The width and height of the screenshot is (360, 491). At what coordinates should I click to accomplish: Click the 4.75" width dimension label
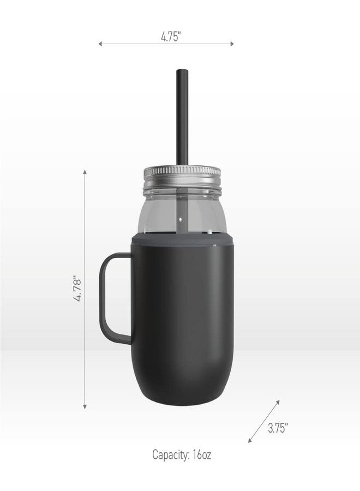coord(171,37)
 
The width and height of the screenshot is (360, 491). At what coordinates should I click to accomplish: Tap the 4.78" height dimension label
coord(77,289)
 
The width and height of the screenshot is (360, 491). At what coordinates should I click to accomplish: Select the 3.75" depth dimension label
coord(278,428)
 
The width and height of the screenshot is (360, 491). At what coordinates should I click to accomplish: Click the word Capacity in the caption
coord(171,454)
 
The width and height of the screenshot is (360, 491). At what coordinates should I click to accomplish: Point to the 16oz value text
coord(202,454)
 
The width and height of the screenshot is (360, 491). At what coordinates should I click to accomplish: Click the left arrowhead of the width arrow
coord(100,44)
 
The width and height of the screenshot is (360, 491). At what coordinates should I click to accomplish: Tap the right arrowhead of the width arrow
coord(232,44)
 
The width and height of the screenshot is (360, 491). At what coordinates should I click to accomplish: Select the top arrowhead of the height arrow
coord(85,172)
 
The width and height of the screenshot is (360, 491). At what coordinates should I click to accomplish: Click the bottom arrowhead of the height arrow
coord(85,407)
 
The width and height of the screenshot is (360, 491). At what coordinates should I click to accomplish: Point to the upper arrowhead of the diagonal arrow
coord(278,402)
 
